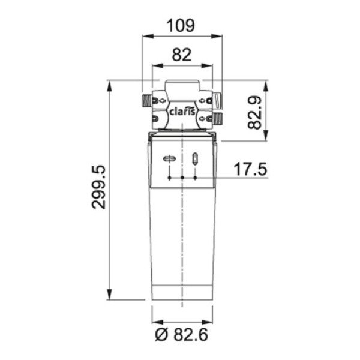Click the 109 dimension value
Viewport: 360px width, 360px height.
point(181,25)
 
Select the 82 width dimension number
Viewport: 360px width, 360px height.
point(182,55)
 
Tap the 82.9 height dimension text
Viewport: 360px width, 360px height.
point(255,113)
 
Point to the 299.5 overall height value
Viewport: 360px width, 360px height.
point(98,187)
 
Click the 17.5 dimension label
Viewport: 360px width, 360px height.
point(250,169)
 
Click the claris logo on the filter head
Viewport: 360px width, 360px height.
point(182,112)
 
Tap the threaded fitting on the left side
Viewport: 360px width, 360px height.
point(146,100)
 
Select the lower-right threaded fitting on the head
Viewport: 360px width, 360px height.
point(218,118)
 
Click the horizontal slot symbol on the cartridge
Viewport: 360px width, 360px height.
point(169,158)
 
